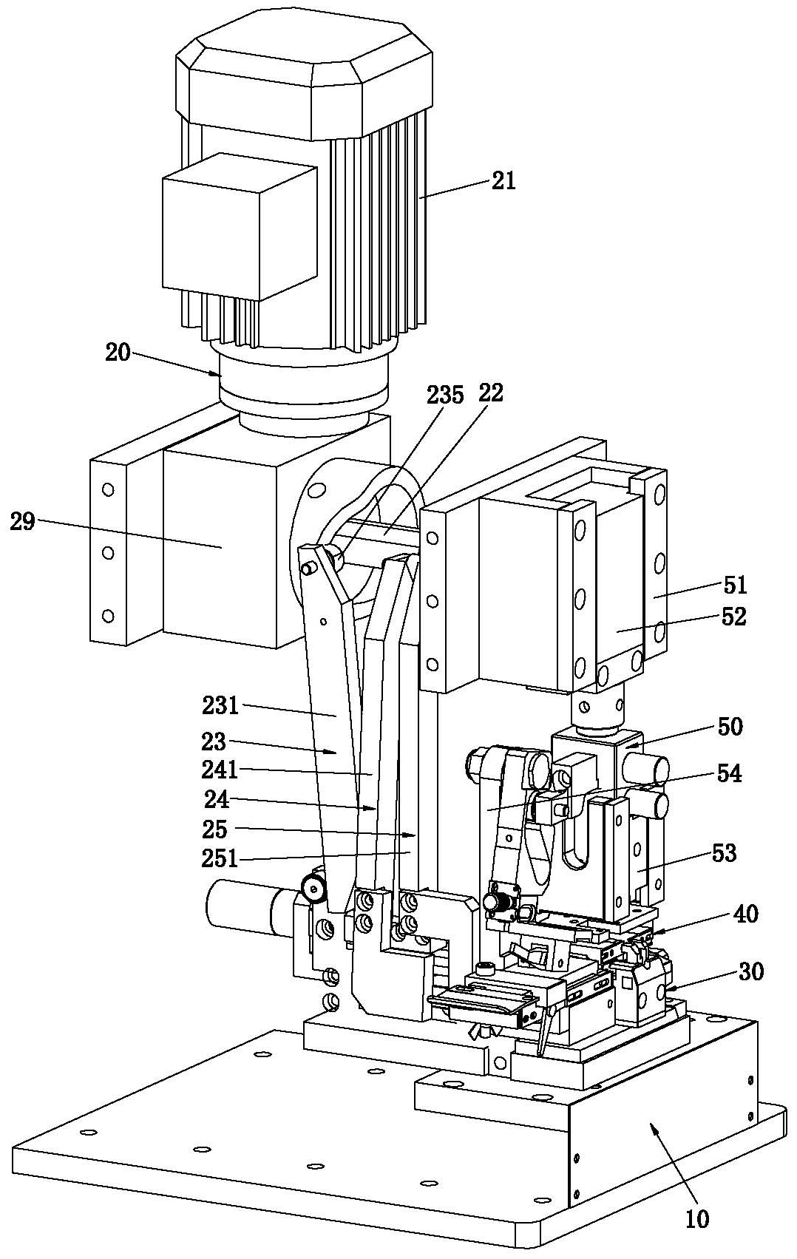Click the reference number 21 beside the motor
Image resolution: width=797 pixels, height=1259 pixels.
tap(503, 182)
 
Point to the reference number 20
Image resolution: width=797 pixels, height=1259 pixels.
tap(118, 353)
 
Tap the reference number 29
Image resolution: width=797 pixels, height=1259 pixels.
tap(22, 522)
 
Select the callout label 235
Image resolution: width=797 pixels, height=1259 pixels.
tap(445, 396)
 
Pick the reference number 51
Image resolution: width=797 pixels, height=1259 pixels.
tap(735, 585)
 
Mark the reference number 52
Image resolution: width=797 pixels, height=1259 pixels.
tap(733, 617)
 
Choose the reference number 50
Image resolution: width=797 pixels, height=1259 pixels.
tap(730, 726)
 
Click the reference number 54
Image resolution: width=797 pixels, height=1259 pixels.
tap(728, 774)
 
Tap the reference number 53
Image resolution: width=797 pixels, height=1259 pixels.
tap(723, 853)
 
